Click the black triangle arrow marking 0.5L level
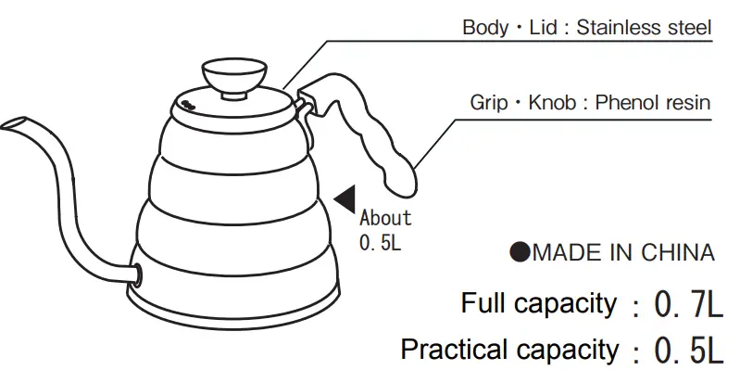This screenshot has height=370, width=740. point(346,198)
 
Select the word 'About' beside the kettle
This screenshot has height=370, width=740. point(385,219)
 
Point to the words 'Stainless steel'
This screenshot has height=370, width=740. point(644,28)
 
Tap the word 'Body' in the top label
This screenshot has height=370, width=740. point(484,28)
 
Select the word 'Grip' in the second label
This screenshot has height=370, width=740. point(489,103)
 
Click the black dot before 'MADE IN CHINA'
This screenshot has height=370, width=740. point(520,253)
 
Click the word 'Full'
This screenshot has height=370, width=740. point(484,303)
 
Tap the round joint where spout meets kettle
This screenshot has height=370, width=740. point(136,274)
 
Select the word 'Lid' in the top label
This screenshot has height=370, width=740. point(543,28)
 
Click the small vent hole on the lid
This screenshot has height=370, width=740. point(186,104)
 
